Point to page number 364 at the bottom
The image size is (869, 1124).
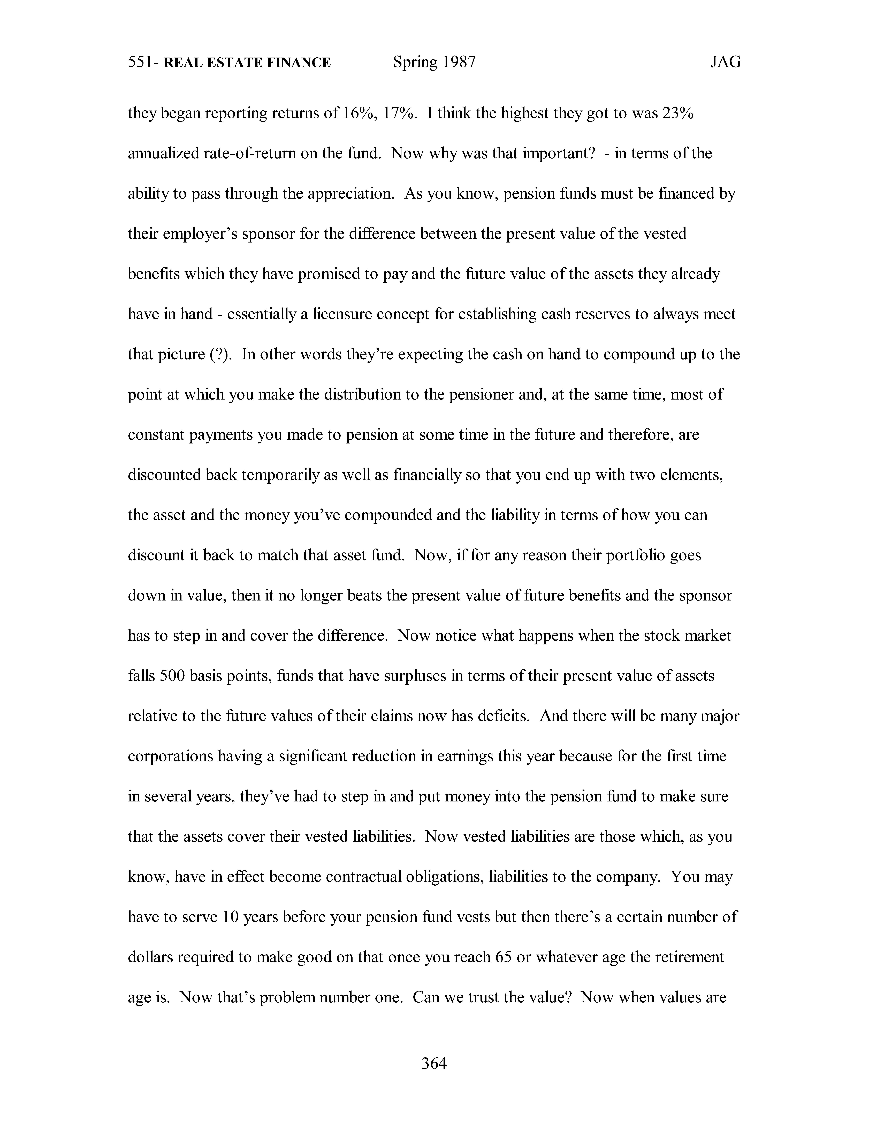coord(434,1063)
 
